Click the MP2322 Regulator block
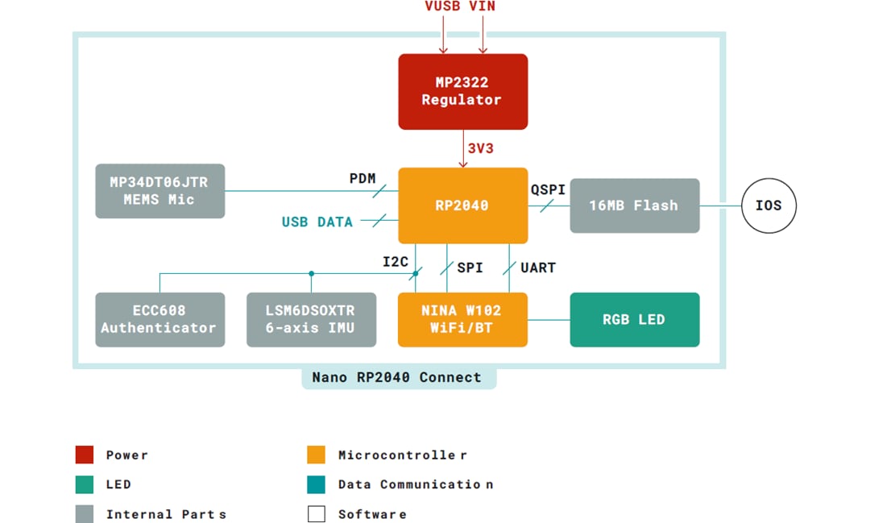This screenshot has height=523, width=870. [x=462, y=91]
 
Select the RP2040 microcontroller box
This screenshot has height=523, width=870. [x=462, y=205]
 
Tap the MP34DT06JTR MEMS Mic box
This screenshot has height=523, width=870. [x=159, y=191]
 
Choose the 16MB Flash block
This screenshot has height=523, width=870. [x=634, y=205]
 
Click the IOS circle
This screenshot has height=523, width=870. [x=768, y=205]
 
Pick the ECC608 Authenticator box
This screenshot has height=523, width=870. [x=159, y=319]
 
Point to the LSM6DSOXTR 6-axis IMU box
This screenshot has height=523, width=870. [x=311, y=319]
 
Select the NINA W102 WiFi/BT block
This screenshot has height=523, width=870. [x=462, y=319]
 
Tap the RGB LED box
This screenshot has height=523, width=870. [x=634, y=319]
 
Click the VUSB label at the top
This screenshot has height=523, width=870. [x=442, y=6]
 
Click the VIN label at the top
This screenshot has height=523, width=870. [x=483, y=6]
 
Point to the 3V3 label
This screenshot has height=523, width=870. [x=480, y=148]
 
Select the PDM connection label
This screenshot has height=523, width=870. [x=362, y=178]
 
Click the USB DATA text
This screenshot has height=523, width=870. [x=317, y=222]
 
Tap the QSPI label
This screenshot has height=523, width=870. [x=548, y=189]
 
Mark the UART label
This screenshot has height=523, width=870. [x=537, y=268]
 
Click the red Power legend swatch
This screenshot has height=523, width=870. [x=85, y=455]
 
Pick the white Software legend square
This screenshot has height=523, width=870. [x=317, y=513]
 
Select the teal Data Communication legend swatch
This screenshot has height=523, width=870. [x=317, y=484]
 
